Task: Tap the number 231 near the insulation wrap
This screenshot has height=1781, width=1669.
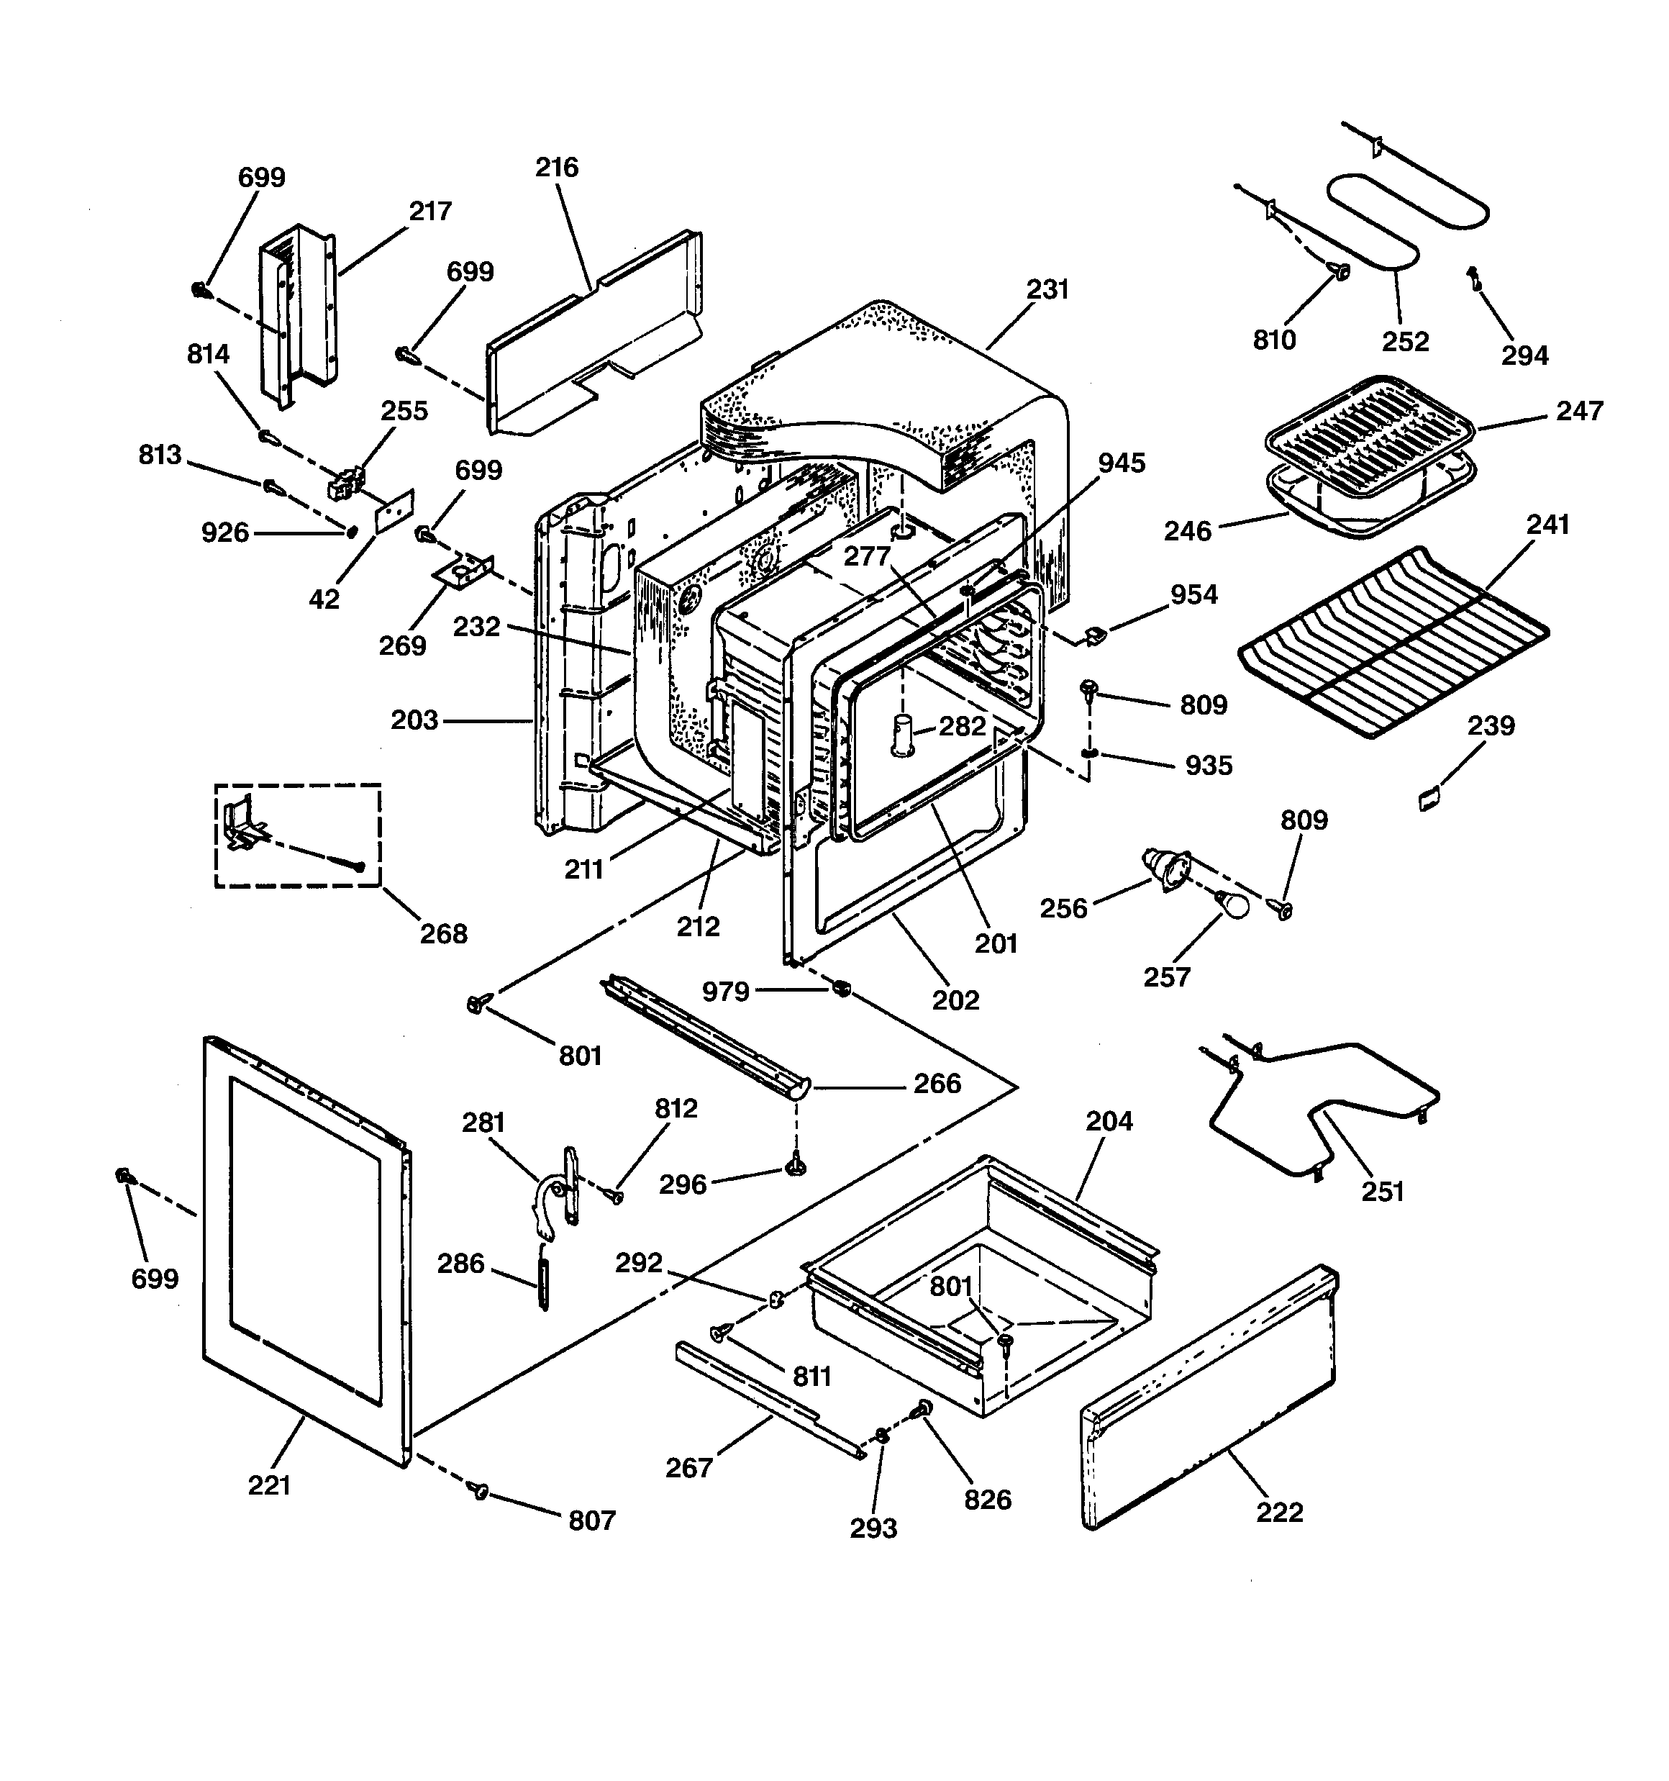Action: click(1047, 289)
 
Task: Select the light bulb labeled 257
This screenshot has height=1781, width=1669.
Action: click(1234, 905)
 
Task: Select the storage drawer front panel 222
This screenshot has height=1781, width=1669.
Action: click(1209, 1397)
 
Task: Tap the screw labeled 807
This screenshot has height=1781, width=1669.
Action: click(479, 1490)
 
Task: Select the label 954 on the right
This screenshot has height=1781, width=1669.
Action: click(1193, 594)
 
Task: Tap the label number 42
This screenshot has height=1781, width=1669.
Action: click(324, 599)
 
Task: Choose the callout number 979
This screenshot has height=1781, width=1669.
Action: click(724, 991)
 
